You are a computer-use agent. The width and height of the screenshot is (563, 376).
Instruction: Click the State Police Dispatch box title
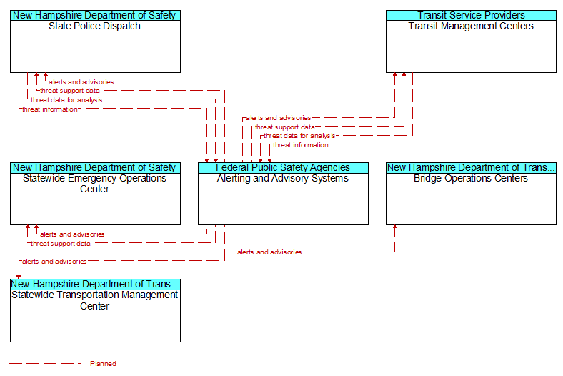coord(94,26)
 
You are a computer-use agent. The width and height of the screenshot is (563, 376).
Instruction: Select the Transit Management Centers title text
coord(471,26)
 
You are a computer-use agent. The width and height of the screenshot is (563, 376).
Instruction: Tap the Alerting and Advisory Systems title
coord(283,179)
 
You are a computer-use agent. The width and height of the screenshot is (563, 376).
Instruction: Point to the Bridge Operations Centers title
coord(471,179)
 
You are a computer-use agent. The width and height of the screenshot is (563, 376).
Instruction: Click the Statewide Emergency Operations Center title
coord(94,184)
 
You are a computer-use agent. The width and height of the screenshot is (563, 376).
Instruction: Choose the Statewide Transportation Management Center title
coord(94,300)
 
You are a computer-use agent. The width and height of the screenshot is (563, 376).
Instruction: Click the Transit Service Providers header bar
coord(471,16)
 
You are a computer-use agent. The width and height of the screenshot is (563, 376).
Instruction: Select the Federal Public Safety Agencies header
coord(284,168)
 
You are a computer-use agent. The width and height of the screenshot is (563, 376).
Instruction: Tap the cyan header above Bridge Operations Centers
coord(471,168)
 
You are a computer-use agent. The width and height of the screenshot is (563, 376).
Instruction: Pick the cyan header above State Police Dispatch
coord(95,16)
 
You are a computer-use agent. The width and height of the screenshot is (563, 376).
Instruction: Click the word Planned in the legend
coord(103,363)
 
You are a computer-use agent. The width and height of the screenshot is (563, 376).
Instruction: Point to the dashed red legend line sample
coord(46,363)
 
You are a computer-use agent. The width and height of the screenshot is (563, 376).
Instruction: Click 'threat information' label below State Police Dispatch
coord(50,109)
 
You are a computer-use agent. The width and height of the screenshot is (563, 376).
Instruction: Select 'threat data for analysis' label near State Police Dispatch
coord(66,100)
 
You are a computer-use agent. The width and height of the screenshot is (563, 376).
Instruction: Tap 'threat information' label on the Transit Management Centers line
coord(301,145)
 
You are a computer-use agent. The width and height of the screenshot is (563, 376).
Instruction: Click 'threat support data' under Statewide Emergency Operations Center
coord(61,244)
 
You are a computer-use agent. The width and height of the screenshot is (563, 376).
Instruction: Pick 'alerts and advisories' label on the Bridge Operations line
coord(269,252)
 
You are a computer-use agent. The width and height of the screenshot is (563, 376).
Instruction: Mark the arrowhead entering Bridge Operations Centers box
coord(395,227)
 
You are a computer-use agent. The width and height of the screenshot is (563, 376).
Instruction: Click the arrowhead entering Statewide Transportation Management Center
coord(19,277)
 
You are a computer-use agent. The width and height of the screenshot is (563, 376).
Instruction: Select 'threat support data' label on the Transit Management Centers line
coord(285,127)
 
